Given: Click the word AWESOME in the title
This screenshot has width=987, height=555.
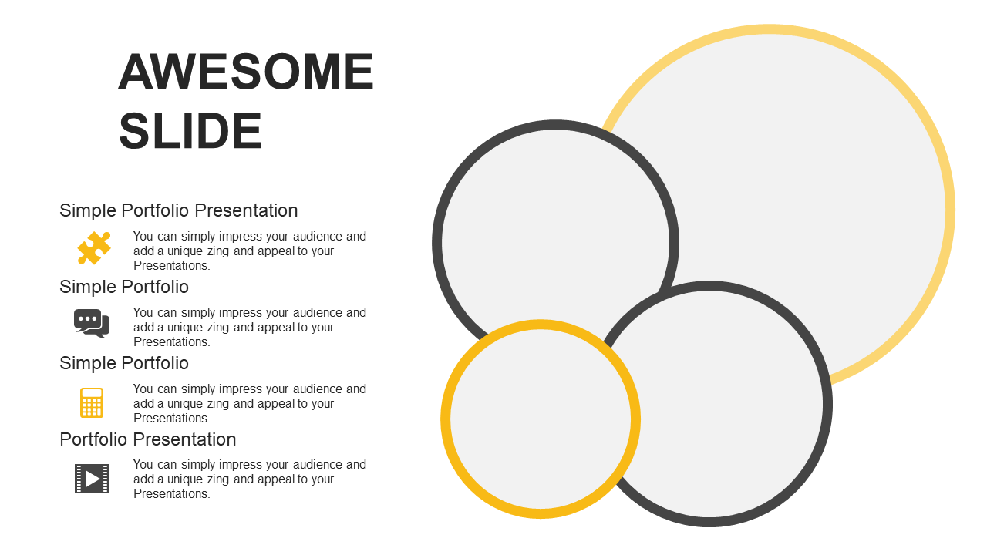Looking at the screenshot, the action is [x=246, y=72].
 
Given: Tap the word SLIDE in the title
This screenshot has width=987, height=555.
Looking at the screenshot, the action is [x=190, y=131].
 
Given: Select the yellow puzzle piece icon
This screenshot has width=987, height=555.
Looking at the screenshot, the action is [x=94, y=248].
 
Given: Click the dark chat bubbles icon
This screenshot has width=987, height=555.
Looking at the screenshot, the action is [x=92, y=324].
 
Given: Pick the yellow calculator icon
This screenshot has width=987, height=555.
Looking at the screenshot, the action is [x=92, y=402].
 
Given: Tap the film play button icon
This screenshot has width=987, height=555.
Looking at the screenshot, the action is [x=92, y=479].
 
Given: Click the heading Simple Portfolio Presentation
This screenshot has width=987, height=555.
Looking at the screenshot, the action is [x=178, y=211].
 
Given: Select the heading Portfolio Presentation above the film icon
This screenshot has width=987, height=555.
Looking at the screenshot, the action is [x=147, y=439].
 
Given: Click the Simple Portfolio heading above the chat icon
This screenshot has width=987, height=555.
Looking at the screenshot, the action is [x=124, y=288].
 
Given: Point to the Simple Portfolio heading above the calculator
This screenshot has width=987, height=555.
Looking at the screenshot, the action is [x=124, y=363].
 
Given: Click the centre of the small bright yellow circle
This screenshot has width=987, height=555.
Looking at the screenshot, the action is [x=541, y=419].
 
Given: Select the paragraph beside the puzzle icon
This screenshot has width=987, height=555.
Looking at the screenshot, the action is [x=250, y=251].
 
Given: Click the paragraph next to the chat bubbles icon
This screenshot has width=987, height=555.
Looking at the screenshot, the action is [x=250, y=328].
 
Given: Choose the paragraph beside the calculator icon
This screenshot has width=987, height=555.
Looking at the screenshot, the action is [x=250, y=403].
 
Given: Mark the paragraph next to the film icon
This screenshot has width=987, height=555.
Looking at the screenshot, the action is [x=250, y=479].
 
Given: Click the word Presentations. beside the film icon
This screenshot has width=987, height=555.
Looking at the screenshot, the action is [x=172, y=494].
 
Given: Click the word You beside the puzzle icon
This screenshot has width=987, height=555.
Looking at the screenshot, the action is [x=143, y=237].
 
